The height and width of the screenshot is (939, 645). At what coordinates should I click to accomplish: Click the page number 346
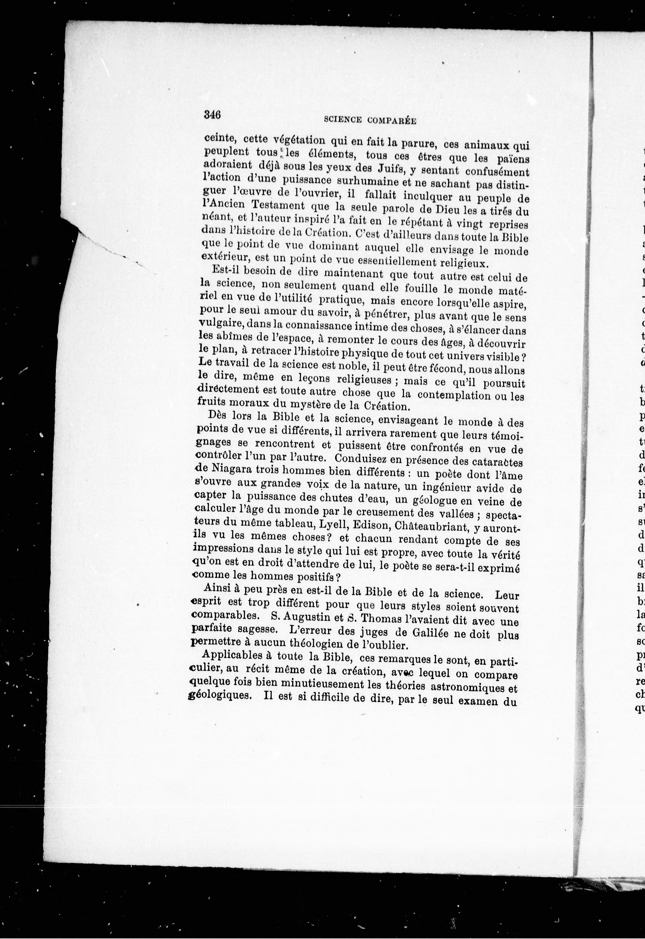point(212,114)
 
